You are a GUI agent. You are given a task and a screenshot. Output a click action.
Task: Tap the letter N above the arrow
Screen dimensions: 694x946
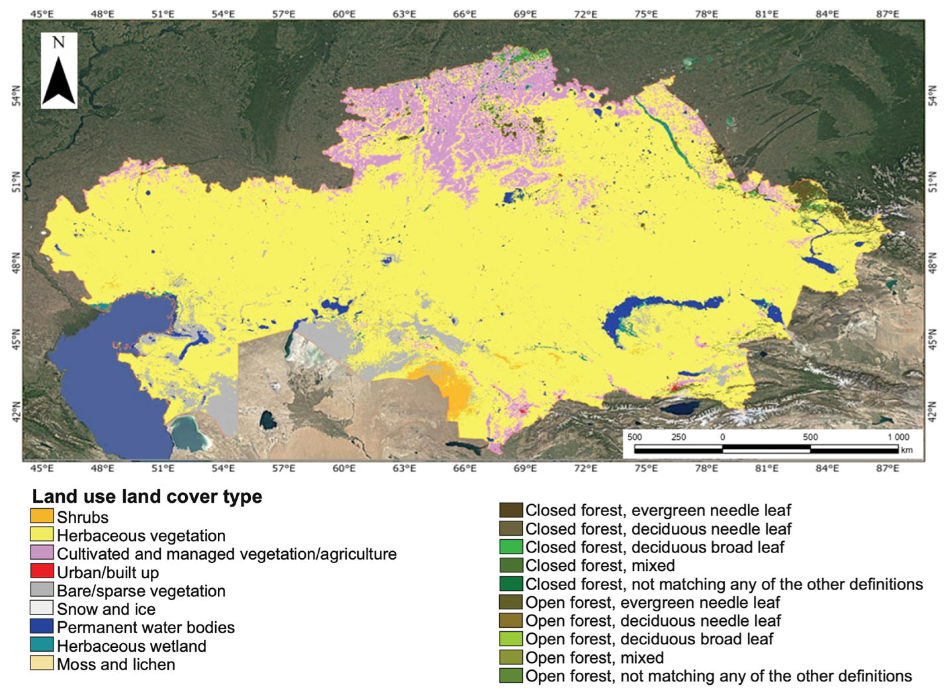(x=59, y=42)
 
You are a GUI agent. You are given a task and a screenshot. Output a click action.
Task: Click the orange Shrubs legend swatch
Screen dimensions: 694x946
(x=42, y=516)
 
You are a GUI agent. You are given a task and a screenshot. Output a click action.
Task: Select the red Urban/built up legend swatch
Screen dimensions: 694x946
(x=42, y=571)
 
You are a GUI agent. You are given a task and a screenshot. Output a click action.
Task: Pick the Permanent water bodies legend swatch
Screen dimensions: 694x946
(x=42, y=626)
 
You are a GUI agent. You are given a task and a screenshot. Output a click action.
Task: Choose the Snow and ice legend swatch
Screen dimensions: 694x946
(x=42, y=608)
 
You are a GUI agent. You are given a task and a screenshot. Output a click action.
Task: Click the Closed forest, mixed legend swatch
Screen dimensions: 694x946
(x=511, y=565)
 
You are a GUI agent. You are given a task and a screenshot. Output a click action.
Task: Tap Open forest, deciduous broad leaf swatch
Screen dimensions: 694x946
(x=511, y=638)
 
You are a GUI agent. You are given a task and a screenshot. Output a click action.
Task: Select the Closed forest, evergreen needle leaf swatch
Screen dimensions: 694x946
(x=511, y=510)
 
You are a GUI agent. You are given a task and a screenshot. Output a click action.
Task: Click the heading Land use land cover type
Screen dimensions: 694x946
(x=147, y=497)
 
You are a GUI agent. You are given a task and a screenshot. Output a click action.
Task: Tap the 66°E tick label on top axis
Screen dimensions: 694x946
(x=465, y=14)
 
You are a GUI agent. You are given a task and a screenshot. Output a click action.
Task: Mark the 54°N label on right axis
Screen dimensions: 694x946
(x=932, y=96)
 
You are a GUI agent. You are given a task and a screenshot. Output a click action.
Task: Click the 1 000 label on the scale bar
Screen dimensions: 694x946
(x=898, y=437)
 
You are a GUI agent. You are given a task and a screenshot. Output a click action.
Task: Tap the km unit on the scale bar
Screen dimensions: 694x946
(x=907, y=450)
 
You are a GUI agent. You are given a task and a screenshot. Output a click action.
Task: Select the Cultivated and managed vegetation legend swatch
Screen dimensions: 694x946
(x=42, y=552)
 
